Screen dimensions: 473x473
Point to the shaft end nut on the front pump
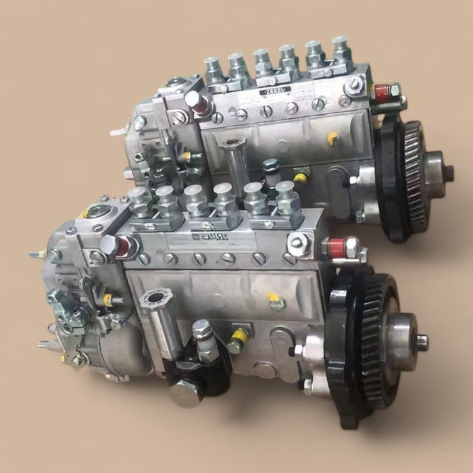[422, 342]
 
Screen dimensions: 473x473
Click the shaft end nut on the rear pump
[449, 174]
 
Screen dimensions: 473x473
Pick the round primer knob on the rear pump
[234, 144]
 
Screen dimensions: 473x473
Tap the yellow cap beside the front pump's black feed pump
[239, 334]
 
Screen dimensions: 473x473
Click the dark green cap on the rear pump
[271, 165]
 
